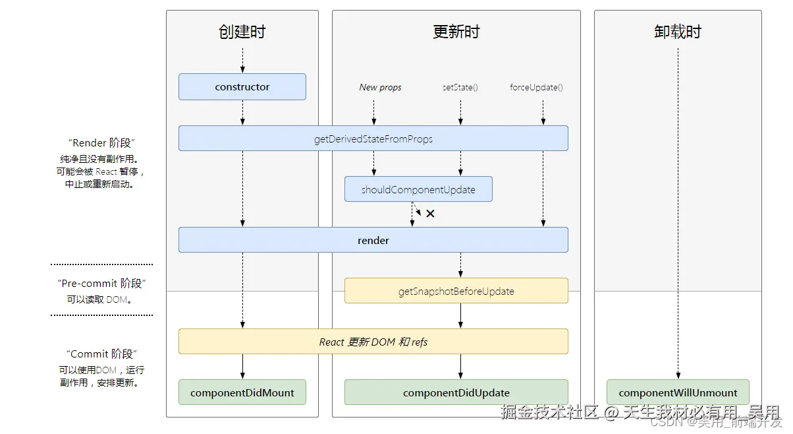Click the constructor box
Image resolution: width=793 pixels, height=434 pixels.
tap(242, 87)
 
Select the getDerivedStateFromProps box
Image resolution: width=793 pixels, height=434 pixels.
tap(373, 139)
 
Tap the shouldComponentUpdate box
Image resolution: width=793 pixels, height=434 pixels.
tap(418, 189)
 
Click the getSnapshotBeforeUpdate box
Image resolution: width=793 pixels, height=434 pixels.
tap(456, 291)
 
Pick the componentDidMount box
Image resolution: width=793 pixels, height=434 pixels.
tap(242, 392)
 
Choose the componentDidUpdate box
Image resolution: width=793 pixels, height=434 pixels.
tap(456, 392)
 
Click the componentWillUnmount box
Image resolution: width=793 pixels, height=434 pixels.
tap(678, 392)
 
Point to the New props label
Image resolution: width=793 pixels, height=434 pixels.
tap(380, 87)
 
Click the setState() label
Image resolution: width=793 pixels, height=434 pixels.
tap(460, 87)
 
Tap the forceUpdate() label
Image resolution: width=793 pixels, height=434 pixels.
tap(536, 87)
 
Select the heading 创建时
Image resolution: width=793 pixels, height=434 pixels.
tap(242, 32)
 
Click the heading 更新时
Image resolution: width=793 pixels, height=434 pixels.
tap(456, 32)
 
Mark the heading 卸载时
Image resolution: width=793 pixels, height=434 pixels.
tap(678, 32)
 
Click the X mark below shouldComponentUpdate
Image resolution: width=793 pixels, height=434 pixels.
tap(430, 214)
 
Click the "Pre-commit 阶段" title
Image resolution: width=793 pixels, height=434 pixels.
tap(101, 284)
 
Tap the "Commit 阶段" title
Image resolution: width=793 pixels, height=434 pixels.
tap(101, 354)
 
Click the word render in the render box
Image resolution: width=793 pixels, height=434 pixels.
tap(373, 241)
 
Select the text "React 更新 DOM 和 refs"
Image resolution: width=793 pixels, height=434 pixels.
tap(373, 342)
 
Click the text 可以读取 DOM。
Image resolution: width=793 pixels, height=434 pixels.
tap(101, 299)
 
